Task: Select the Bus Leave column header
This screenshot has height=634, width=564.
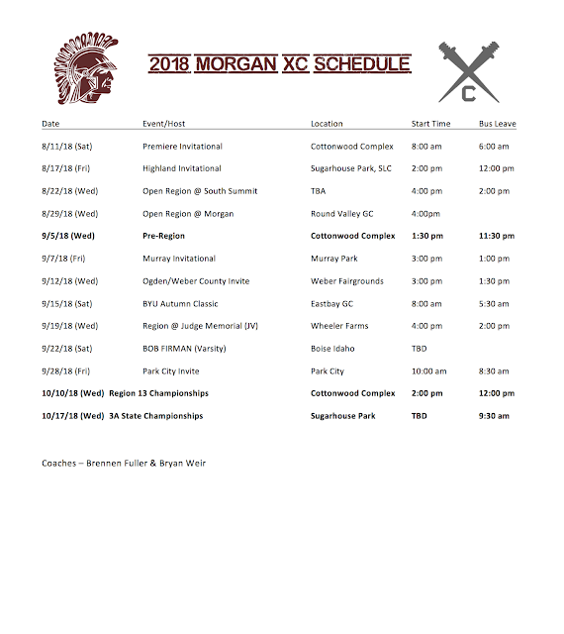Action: [x=498, y=124]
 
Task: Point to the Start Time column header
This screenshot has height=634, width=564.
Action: [x=430, y=124]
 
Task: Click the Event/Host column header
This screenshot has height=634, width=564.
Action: [x=166, y=124]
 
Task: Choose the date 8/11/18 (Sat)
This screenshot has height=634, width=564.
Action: [x=69, y=147]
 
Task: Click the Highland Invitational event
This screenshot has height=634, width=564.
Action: [x=182, y=169]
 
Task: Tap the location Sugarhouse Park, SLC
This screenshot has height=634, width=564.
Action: [x=350, y=169]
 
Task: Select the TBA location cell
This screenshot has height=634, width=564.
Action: [x=319, y=191]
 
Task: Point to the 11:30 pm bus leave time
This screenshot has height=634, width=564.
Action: [x=496, y=237]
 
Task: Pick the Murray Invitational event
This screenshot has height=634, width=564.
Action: [x=178, y=259]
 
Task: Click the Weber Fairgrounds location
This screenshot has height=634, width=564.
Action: [x=346, y=281]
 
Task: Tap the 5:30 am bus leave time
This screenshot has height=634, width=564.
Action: [x=494, y=304]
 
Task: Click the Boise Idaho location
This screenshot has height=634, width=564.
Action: [x=332, y=349]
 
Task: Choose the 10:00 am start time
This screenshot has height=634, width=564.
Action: [x=428, y=371]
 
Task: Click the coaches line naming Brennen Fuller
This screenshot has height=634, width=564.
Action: [x=124, y=464]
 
